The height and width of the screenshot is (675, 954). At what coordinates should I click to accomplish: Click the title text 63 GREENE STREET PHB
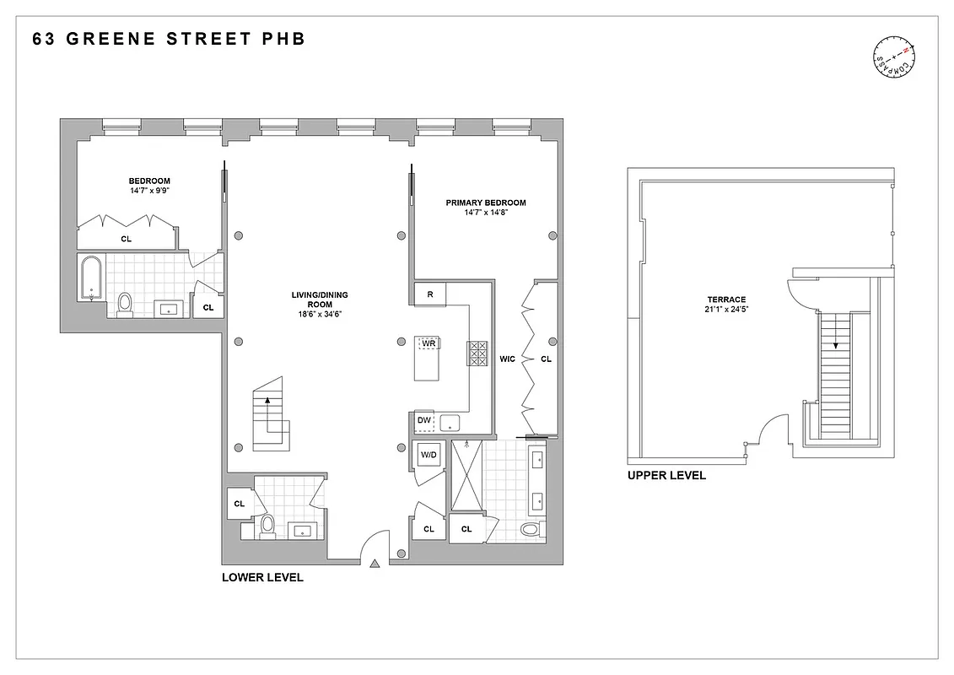coord(169,39)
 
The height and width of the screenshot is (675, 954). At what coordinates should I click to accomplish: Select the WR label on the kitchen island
coord(428,343)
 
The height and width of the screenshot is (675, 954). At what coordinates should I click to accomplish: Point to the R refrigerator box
coord(429,294)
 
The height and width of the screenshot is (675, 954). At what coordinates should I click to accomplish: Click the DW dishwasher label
coord(423,420)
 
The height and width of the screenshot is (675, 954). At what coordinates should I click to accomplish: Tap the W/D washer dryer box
coord(429,456)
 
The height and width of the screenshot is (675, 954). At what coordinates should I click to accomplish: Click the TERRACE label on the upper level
coord(727,300)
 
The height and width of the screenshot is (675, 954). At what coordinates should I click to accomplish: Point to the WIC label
coord(507,359)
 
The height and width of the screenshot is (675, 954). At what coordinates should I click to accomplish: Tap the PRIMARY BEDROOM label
coord(485,202)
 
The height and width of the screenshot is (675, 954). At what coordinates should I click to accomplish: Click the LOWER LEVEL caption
coord(262,578)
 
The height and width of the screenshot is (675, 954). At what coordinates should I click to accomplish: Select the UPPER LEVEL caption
coord(666,476)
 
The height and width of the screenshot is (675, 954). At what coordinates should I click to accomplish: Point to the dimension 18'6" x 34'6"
coord(320,314)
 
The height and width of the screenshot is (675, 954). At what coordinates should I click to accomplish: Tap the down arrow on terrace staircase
coord(835,342)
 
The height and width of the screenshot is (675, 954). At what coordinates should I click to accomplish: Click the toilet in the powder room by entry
coord(268,526)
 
